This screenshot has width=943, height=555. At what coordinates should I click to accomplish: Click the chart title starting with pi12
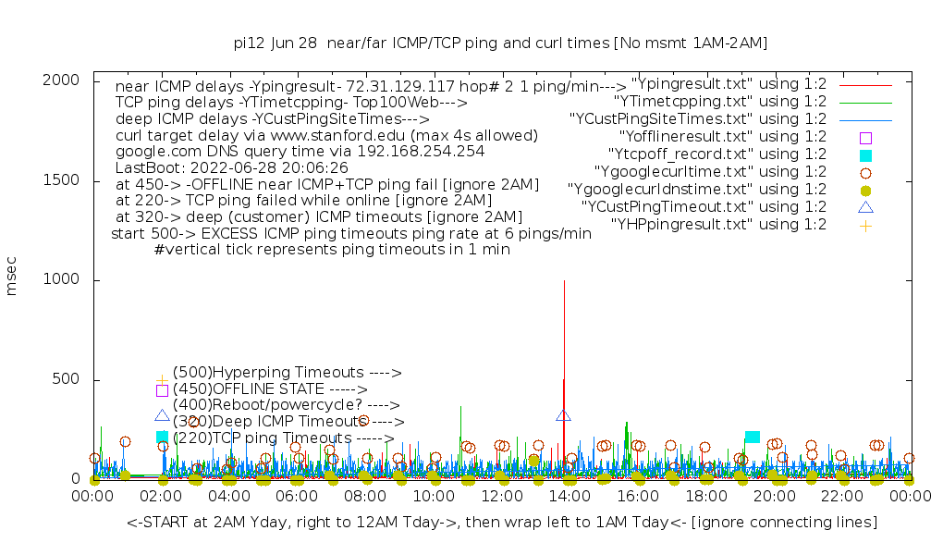(500, 43)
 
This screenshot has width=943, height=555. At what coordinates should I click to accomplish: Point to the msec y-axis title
(12, 277)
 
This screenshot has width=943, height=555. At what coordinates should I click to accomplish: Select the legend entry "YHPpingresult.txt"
(718, 224)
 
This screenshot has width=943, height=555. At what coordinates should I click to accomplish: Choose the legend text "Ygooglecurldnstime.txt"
(697, 189)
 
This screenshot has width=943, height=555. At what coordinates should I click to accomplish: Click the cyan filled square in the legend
(865, 154)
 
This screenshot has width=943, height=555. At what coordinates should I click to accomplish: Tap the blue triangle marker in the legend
(865, 206)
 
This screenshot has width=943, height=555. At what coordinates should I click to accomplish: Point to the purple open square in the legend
(865, 137)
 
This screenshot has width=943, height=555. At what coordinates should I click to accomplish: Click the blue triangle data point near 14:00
(564, 415)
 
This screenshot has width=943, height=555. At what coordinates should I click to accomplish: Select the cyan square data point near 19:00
(752, 437)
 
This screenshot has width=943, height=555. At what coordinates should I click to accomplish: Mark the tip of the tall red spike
(564, 280)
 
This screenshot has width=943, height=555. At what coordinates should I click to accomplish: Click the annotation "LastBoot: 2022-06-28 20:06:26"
(232, 168)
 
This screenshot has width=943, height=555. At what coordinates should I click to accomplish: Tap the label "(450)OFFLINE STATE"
(270, 388)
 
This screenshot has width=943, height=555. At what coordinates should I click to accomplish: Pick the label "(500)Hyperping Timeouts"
(287, 373)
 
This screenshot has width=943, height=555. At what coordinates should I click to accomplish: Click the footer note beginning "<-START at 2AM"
(502, 523)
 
